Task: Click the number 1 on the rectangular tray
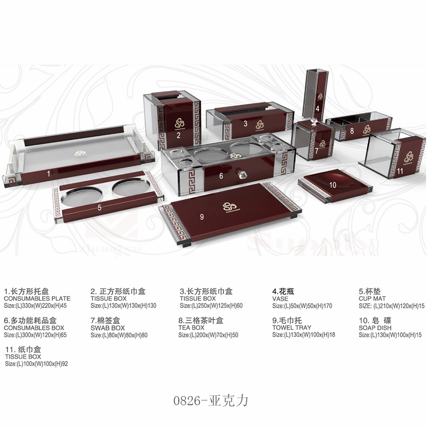tap(48, 174)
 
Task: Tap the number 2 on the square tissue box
tap(178, 135)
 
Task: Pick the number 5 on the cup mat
tap(100, 207)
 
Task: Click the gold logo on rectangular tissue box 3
tap(259, 124)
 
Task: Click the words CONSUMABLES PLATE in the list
tap(37, 299)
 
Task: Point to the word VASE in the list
tap(280, 299)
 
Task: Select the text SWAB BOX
tap(108, 328)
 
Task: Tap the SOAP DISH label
tap(375, 327)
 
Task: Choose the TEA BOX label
tap(191, 328)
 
